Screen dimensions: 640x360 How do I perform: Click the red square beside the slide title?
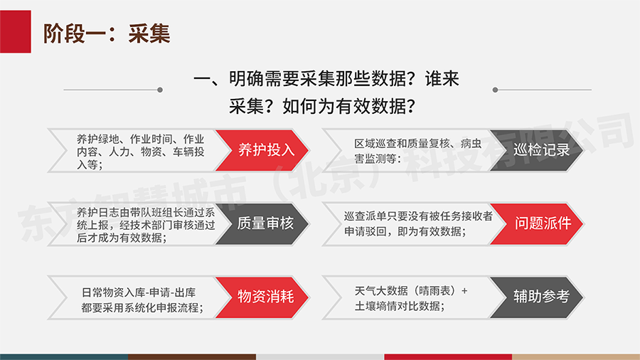pos(15,31)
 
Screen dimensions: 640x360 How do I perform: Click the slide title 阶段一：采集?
pos(107,33)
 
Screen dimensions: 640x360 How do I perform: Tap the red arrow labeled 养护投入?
pos(262,150)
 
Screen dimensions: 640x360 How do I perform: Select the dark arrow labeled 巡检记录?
pos(537,150)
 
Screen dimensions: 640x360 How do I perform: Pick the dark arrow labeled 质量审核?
pos(262,223)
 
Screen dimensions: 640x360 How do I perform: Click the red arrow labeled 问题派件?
pos(537,223)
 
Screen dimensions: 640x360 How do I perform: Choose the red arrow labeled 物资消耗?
pos(262,297)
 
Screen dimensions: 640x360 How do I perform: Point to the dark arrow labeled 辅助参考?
pos(537,297)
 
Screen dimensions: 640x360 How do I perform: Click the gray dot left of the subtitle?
pos(160,90)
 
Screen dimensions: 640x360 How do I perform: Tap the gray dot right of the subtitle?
pos(495,90)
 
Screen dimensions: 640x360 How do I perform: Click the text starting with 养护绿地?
pos(140,152)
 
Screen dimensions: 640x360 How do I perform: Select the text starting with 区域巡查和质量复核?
pos(417,151)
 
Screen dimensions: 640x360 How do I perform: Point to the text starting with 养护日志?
pos(146,225)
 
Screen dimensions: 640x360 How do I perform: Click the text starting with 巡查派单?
pos(418,224)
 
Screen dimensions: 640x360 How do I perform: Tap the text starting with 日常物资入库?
pos(142,300)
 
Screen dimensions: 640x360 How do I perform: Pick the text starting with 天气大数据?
pos(410,298)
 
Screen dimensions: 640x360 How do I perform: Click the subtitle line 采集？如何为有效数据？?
pos(322,107)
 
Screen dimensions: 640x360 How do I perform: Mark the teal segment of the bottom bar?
pos(64,357)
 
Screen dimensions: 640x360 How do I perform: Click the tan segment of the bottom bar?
pos(576,357)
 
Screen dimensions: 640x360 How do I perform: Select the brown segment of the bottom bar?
pos(192,357)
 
